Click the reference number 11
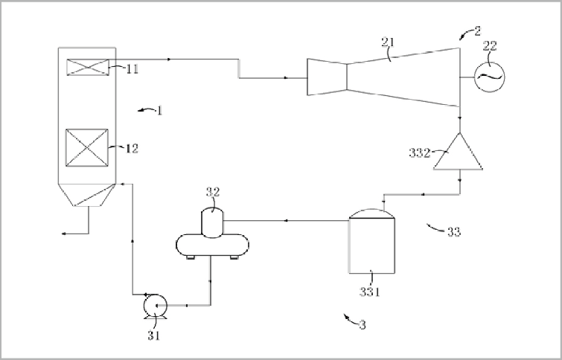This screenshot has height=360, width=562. pos(132,68)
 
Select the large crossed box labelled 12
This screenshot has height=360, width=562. pos(87,147)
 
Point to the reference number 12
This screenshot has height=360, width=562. pos(132,148)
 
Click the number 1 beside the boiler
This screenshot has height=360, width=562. pos(159,111)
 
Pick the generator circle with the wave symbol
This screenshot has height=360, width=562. pos(489,77)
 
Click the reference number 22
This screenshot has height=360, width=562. pos(490,46)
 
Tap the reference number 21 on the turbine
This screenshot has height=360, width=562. pos(388,42)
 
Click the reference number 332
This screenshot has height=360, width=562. pos(419,153)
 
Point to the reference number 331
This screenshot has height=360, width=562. pos(369,292)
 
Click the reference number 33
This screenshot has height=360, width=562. pos(454,232)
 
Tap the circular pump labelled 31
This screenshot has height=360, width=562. pos(155,306)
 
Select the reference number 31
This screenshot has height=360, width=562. pos(153,335)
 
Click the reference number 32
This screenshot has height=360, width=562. pos(213,192)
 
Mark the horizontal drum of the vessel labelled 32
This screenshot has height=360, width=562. pos(213,245)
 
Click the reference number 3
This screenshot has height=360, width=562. pos(363,325)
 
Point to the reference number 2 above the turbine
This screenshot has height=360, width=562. pos(477,31)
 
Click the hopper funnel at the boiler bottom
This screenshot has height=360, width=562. pos(87,195)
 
